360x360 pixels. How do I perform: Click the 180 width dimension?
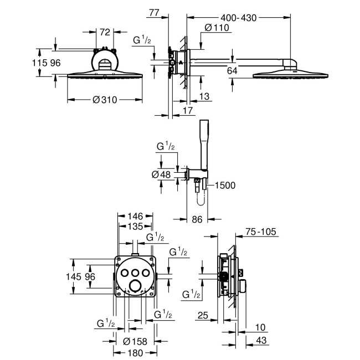click(135, 352)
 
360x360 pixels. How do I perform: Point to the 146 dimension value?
click(136, 217)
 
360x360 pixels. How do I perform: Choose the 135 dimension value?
click(136, 226)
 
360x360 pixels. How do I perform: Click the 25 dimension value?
click(203, 316)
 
